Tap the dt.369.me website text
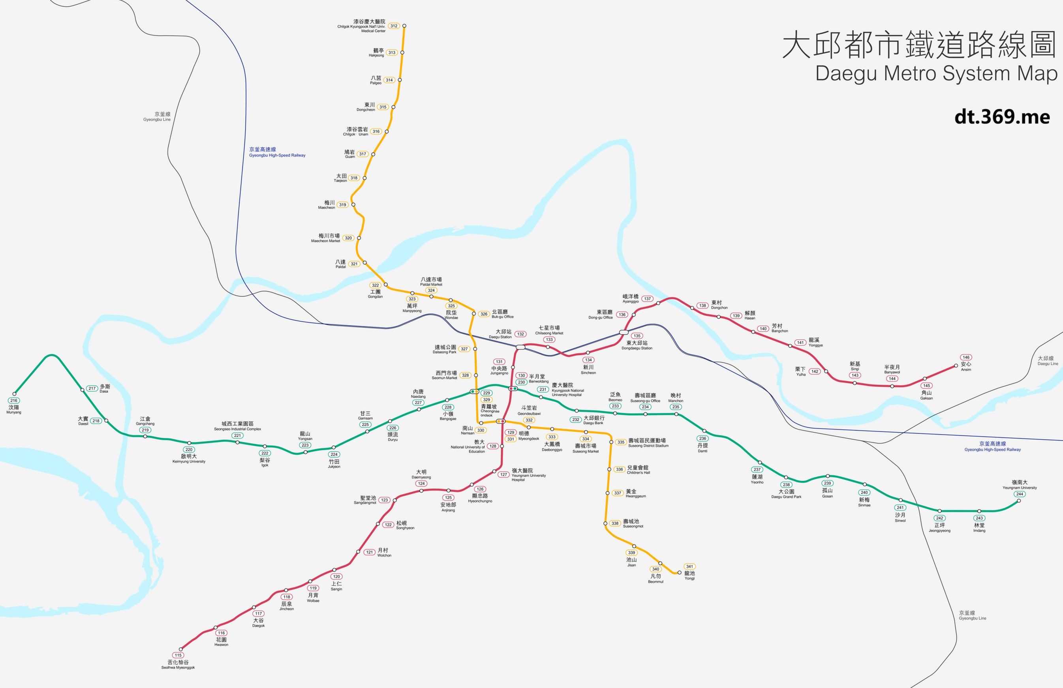coord(1002,117)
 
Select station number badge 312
coord(393,26)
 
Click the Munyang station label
coord(13,409)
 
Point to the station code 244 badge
coord(1020,494)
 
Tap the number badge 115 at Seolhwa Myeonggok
coord(178,655)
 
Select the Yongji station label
coord(689,575)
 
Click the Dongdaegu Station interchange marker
coord(624,332)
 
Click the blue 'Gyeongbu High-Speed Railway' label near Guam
coord(277,152)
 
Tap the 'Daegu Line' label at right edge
coord(1047,361)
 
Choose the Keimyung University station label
coord(188,459)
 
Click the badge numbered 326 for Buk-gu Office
coord(484,314)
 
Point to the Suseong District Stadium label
coord(648,442)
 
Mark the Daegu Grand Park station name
coord(786,494)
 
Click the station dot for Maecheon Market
coord(359,238)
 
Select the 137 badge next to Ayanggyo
coord(647,299)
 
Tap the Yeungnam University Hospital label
coord(528,474)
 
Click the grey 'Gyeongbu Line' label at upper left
coord(157,116)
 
